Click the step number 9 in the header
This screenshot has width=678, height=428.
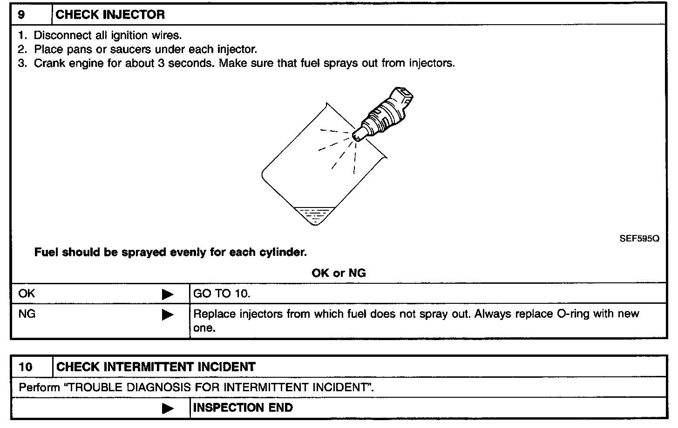[21, 14]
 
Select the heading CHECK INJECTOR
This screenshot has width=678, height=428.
[110, 14]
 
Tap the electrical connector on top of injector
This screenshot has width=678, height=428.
[404, 95]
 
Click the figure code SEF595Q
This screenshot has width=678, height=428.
[639, 239]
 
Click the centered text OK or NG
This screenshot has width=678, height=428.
[339, 273]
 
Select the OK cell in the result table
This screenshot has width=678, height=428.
[27, 294]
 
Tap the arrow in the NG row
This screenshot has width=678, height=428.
[167, 315]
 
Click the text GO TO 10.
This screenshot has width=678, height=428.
[222, 294]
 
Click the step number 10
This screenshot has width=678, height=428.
[26, 367]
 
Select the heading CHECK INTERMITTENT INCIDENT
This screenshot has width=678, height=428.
[156, 367]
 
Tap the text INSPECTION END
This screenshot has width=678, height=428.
[243, 408]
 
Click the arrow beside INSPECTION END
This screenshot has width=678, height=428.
[167, 408]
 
